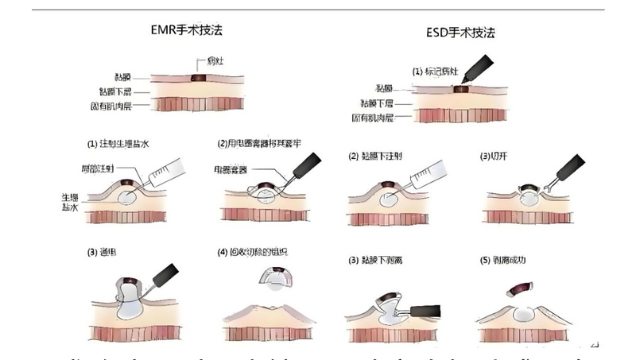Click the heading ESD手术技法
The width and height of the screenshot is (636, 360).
[x=460, y=33]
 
